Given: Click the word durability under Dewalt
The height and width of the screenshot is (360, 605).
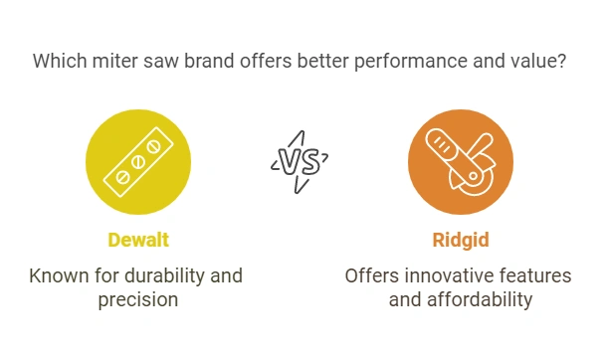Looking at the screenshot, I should (174, 273).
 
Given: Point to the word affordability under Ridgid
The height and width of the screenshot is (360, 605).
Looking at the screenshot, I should (477, 298).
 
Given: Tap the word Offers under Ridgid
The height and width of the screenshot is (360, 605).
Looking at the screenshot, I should (372, 273).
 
